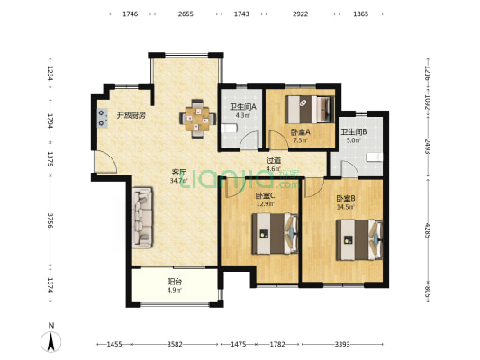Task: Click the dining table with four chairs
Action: tap(198, 119)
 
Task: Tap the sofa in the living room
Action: tap(142, 218)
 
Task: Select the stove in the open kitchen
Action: tap(103, 119)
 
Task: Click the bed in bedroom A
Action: tap(309, 110)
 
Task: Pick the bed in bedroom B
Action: tap(359, 239)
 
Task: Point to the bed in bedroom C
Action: tap(275, 234)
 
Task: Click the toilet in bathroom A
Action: tap(229, 129)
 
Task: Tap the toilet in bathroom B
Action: tap(375, 157)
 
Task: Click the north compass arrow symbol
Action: tap(50, 341)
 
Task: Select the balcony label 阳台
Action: tap(174, 282)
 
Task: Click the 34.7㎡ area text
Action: tap(179, 181)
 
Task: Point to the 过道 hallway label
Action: tap(274, 160)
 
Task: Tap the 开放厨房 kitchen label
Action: tap(131, 115)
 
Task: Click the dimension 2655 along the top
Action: tap(186, 13)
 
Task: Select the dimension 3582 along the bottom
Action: tap(175, 345)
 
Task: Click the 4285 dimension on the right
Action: tap(428, 231)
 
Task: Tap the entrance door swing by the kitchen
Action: tap(105, 162)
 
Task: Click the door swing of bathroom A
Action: tap(249, 140)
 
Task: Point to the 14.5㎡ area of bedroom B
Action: tap(345, 207)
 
